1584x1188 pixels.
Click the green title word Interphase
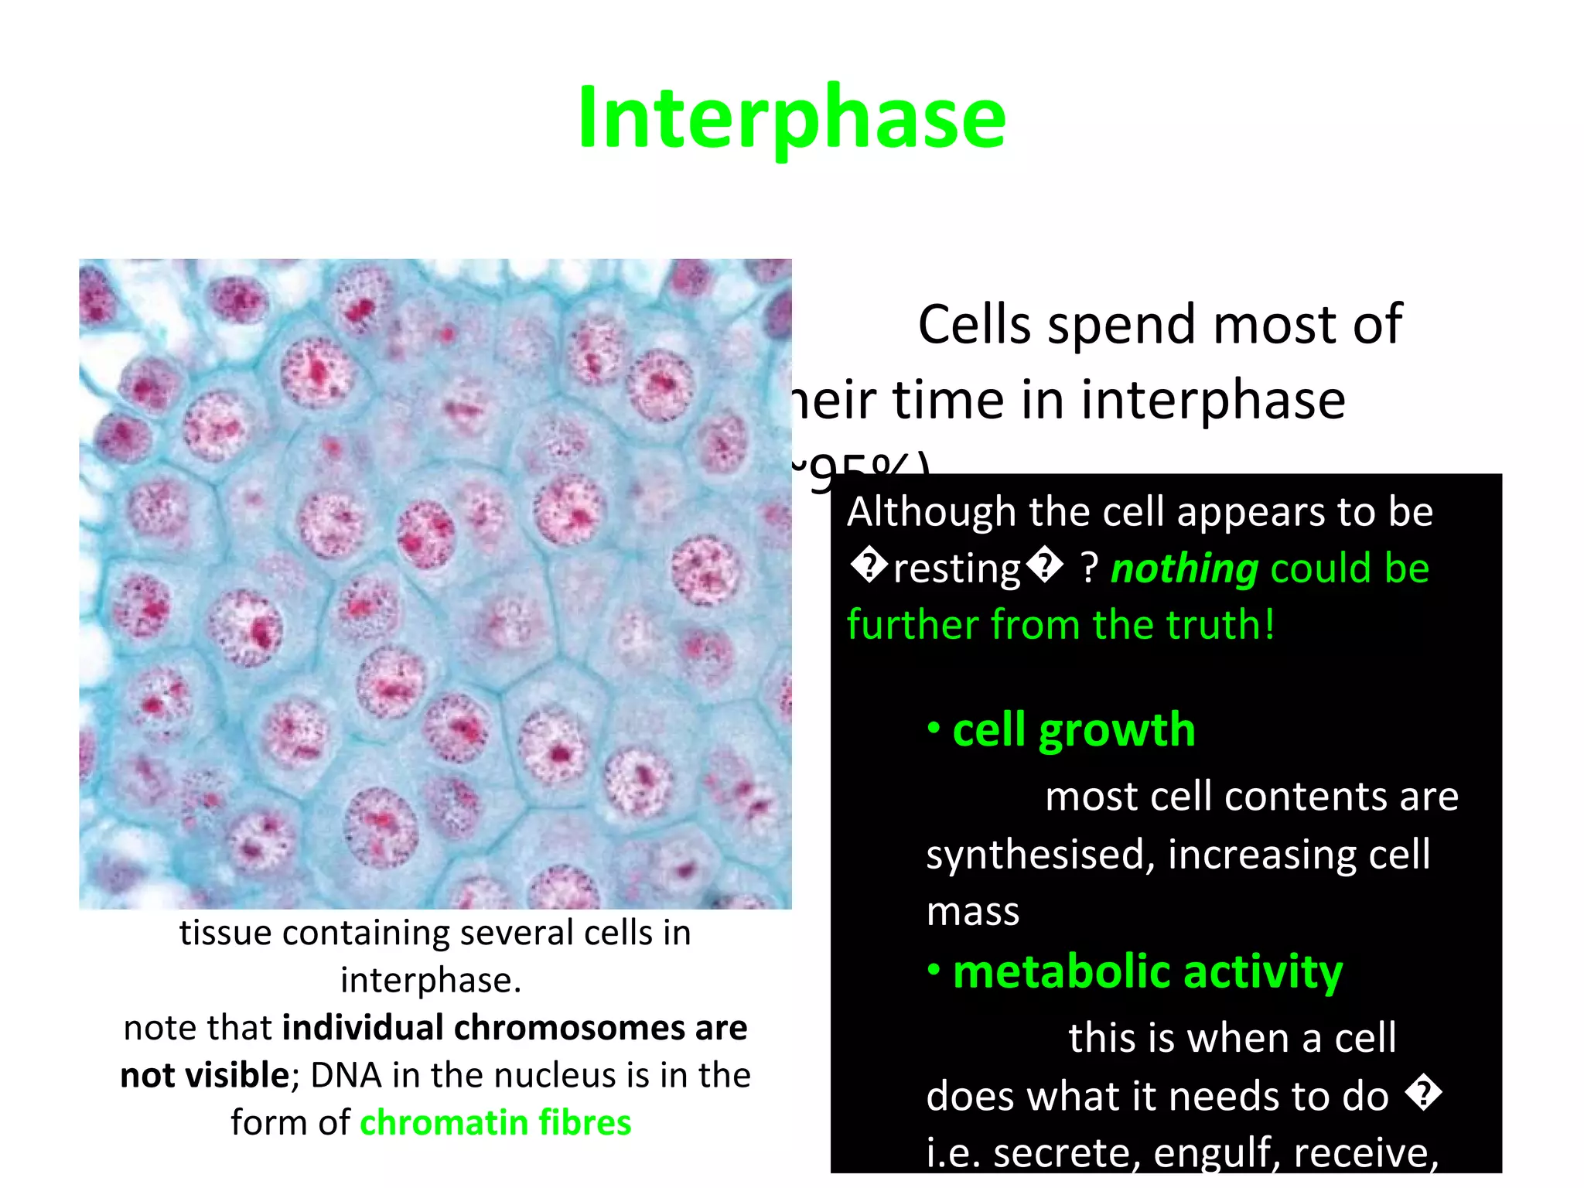tap(791, 118)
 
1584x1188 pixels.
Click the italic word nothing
tap(1184, 569)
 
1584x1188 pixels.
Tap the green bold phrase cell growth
tap(1074, 730)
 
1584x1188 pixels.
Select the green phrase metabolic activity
tap(1148, 971)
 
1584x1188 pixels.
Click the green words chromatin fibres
tap(496, 1123)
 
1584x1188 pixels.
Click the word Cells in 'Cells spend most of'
tap(974, 325)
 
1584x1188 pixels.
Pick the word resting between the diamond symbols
tap(957, 569)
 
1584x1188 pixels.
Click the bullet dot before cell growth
tap(934, 728)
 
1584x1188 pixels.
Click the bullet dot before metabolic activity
tap(934, 970)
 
